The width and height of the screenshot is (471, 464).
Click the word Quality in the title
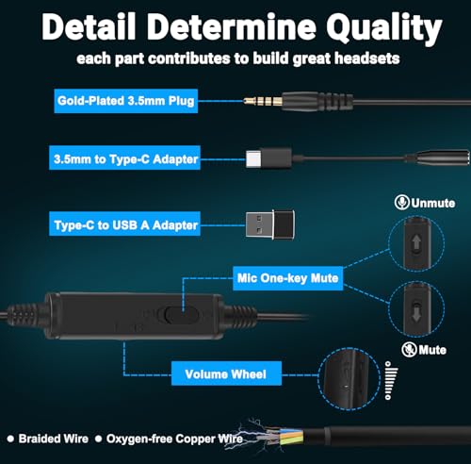tap(384, 28)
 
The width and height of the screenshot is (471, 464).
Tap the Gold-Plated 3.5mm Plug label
tap(126, 101)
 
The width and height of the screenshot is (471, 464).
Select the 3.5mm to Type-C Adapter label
tap(124, 157)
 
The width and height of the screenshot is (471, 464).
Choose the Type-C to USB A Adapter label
tap(124, 224)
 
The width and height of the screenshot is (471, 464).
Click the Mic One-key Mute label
tap(288, 278)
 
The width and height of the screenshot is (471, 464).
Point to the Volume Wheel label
tap(226, 373)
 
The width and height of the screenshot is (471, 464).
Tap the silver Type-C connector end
tap(253, 158)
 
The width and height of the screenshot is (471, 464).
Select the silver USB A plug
tap(260, 224)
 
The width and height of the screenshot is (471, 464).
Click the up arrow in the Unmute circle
tap(416, 242)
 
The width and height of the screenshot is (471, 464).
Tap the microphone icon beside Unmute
tap(401, 202)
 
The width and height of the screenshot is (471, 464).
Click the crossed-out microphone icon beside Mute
tap(409, 349)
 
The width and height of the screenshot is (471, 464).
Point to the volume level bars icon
tap(391, 380)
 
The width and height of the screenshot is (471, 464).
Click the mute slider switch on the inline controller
tap(178, 314)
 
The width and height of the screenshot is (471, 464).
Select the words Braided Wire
tap(54, 439)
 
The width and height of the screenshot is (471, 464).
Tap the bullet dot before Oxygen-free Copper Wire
tap(98, 439)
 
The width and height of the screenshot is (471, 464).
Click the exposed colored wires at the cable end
tap(285, 437)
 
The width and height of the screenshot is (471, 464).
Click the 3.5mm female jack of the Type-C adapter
tap(438, 157)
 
